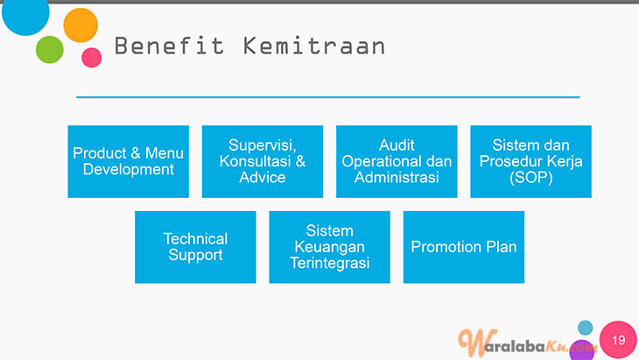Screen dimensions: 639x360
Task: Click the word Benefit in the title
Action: (x=169, y=46)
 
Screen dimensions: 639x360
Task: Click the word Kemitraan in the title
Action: (x=313, y=46)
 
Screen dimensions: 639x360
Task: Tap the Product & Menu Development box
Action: (x=129, y=161)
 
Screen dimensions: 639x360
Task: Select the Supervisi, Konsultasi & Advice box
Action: (x=263, y=161)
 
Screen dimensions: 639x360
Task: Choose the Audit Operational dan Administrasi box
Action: (x=397, y=161)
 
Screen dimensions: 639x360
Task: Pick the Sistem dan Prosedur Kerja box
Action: (x=530, y=161)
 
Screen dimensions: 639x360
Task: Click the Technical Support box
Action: (x=195, y=247)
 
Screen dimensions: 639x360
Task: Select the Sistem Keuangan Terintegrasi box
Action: (x=329, y=247)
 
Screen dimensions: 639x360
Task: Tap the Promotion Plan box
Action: (x=464, y=247)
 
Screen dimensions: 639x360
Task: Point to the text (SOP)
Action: (x=531, y=178)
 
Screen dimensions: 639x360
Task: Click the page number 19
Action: (x=618, y=340)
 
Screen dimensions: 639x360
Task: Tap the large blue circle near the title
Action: (x=25, y=14)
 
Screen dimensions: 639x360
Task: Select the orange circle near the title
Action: (x=81, y=25)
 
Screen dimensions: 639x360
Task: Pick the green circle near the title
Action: (x=50, y=50)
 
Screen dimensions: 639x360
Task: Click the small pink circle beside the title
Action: (x=92, y=58)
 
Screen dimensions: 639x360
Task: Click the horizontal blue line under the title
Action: (x=328, y=97)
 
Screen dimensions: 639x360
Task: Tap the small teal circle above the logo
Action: (x=586, y=328)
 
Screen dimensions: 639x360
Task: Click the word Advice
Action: (x=263, y=177)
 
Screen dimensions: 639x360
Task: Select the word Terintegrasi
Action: (x=330, y=263)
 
